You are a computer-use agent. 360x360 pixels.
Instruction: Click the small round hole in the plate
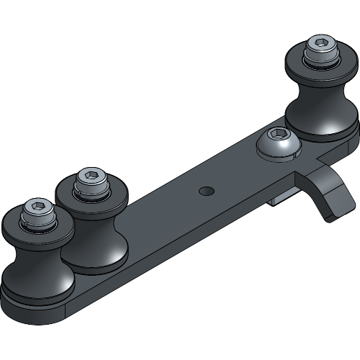pyautogui.click(x=207, y=191)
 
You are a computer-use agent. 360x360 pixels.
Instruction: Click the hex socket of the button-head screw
pyautogui.click(x=277, y=134)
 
